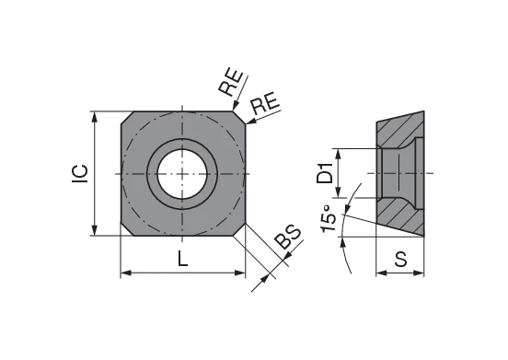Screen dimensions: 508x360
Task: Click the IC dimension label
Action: click(80, 173)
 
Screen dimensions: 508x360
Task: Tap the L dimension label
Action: click(183, 259)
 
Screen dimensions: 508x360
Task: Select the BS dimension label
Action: click(288, 238)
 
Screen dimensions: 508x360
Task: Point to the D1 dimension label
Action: click(325, 173)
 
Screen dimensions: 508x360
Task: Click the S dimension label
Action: click(401, 259)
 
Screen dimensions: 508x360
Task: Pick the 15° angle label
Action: click(329, 219)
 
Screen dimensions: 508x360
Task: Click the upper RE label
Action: click(230, 83)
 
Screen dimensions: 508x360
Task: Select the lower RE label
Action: click(266, 103)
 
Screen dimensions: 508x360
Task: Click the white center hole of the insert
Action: click(182, 174)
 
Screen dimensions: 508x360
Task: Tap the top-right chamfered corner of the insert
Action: click(239, 118)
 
